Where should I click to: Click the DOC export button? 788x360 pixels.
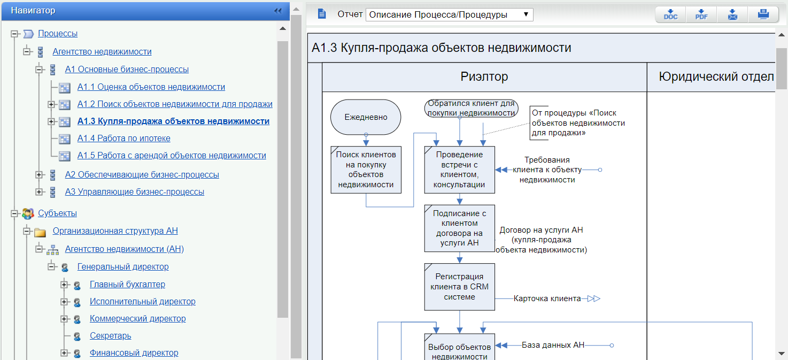tap(670, 14)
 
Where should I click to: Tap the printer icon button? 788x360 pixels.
tap(763, 14)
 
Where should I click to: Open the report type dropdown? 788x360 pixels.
tap(449, 14)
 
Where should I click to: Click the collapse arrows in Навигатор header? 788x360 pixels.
tap(277, 11)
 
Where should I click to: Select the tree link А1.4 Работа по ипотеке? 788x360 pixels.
tap(123, 139)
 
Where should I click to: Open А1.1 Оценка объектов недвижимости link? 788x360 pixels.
tap(151, 87)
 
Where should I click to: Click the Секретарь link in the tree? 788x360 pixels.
tap(110, 336)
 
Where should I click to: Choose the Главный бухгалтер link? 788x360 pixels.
tap(127, 285)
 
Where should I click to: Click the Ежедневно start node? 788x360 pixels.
tap(366, 117)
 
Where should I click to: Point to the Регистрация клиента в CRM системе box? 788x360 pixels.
tap(459, 287)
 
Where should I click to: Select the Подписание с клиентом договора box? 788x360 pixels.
tap(459, 228)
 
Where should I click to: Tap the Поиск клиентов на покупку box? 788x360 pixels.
tap(366, 170)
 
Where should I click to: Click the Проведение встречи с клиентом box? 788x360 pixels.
tap(459, 170)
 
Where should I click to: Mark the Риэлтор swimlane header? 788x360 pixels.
tap(484, 77)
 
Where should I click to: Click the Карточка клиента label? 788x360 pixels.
tap(547, 298)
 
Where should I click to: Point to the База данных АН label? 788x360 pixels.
tap(553, 346)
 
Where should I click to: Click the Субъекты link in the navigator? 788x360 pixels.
tap(57, 213)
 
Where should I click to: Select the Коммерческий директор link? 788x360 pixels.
tap(137, 319)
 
